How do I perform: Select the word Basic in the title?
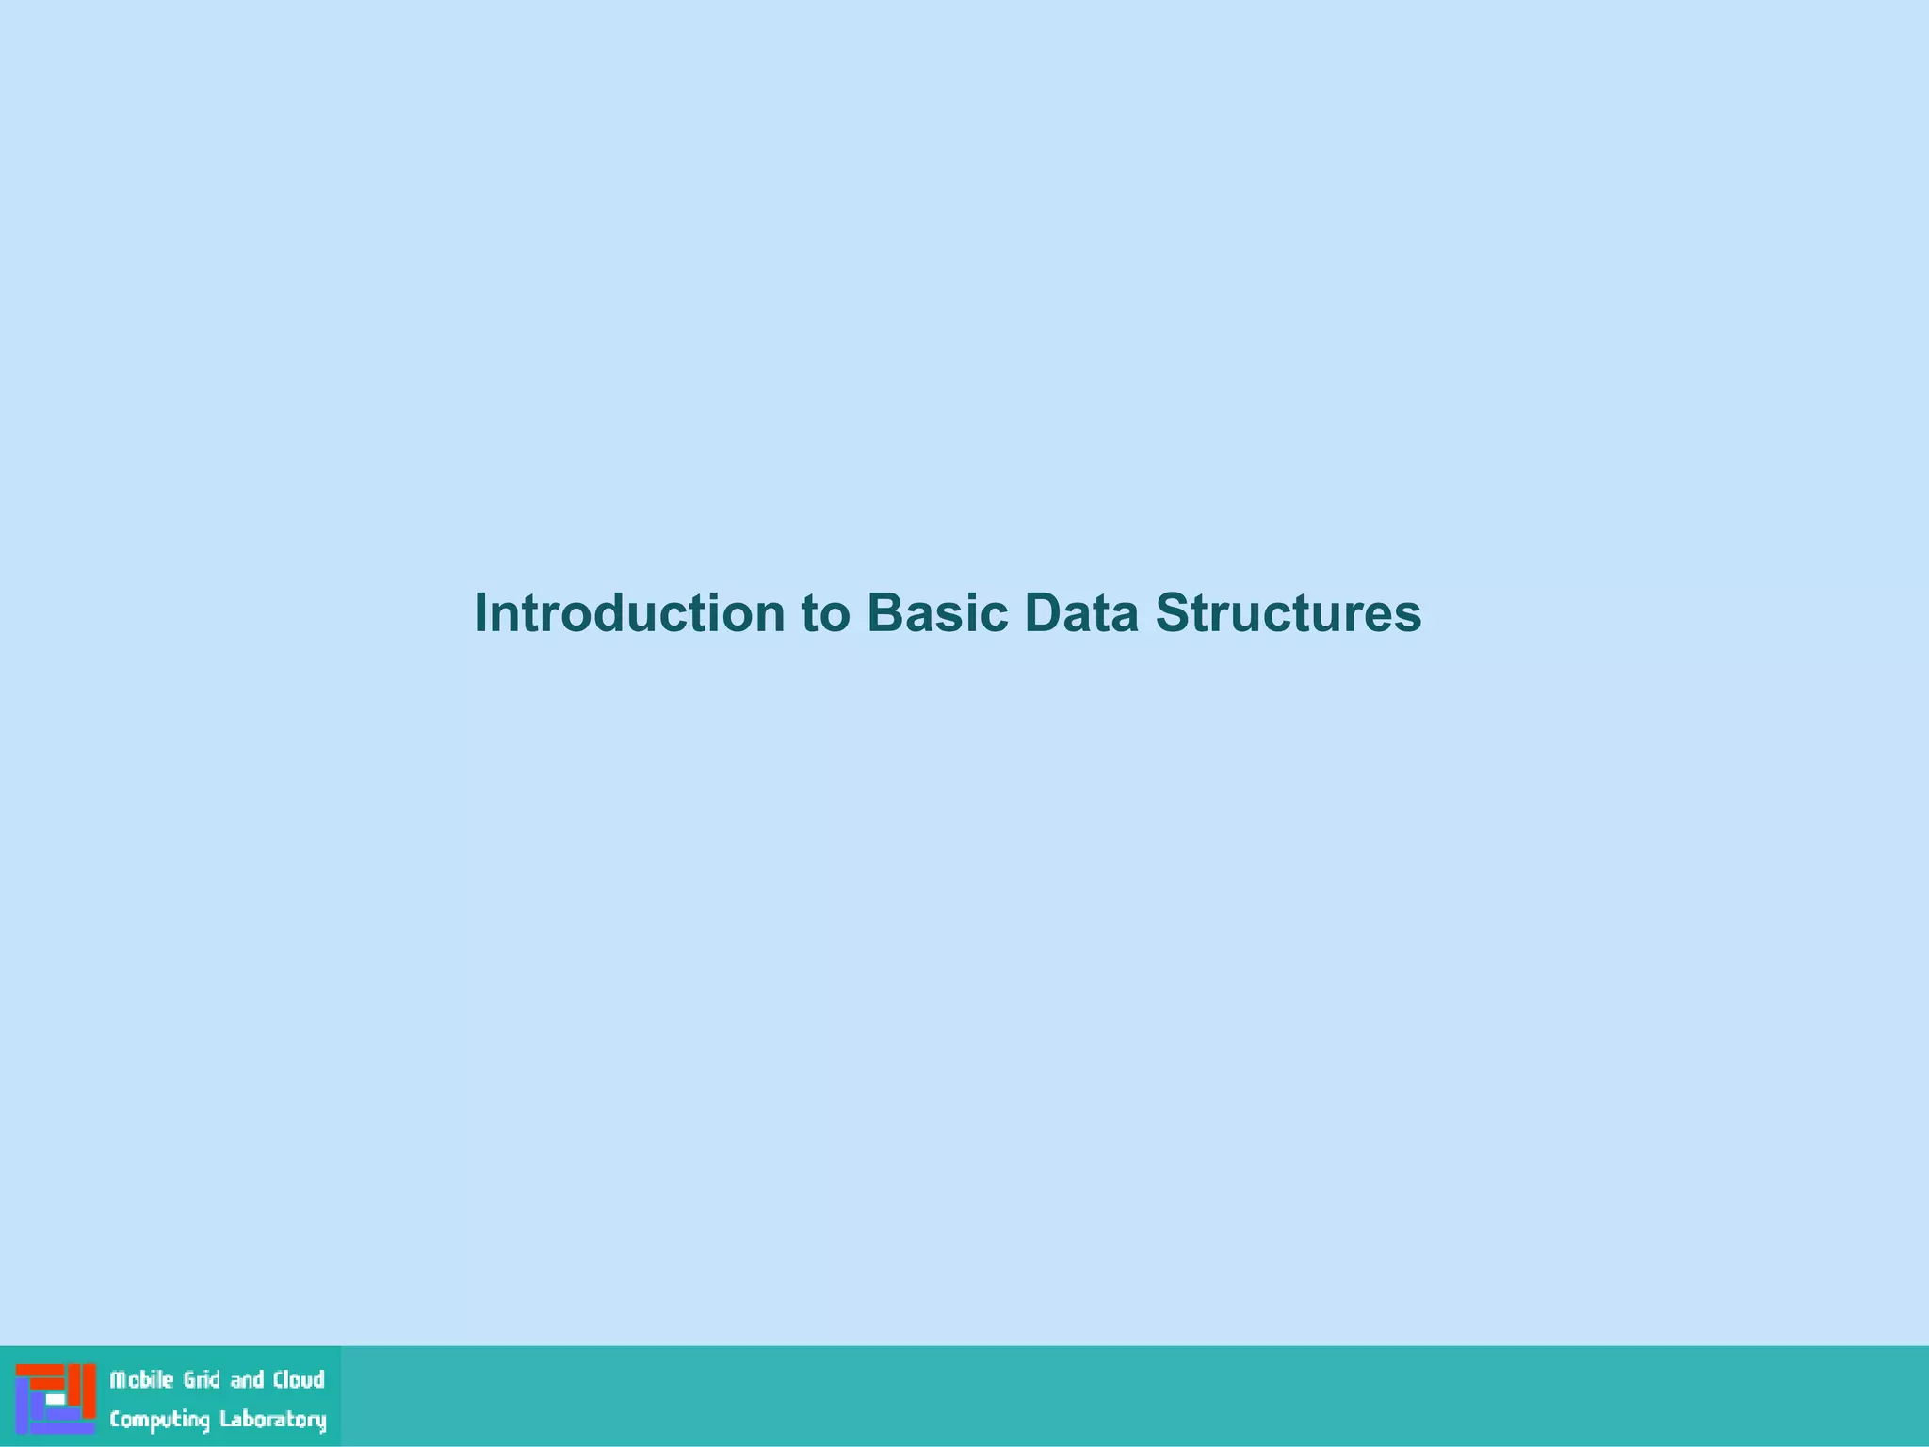(937, 613)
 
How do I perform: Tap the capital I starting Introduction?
(481, 613)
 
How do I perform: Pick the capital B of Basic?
(883, 613)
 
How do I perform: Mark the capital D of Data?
(1040, 613)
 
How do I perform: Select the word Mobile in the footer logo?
(141, 1380)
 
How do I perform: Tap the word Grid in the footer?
(201, 1380)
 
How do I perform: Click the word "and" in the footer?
(247, 1380)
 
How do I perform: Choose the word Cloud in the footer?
(299, 1380)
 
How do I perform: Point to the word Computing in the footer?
(159, 1421)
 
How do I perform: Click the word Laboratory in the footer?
(273, 1421)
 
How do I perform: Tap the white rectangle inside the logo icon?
(56, 1400)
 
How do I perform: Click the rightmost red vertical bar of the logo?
(89, 1390)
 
